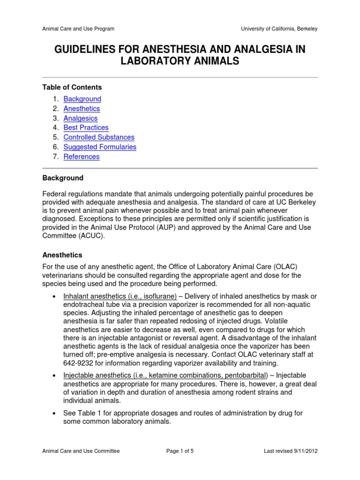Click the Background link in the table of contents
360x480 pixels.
82,99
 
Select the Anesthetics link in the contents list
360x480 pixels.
82,109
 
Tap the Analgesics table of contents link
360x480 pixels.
81,118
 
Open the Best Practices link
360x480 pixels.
86,127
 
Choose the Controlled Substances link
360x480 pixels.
99,137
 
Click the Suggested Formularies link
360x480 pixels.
100,147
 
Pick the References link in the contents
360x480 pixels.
82,157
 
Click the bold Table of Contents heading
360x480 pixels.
72,87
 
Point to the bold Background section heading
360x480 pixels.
63,178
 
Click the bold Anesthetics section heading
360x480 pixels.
62,255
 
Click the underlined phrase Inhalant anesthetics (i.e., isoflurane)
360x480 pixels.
120,296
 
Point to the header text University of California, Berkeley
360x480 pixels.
279,29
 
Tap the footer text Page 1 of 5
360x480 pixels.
180,451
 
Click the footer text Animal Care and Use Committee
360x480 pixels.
81,451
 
